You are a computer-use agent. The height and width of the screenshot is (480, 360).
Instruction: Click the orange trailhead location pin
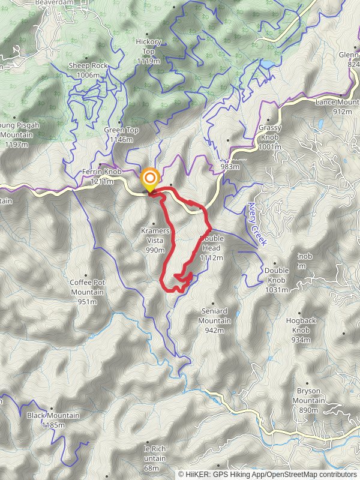[149, 179]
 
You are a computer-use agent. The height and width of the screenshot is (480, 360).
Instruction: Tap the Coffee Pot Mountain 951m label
[88, 292]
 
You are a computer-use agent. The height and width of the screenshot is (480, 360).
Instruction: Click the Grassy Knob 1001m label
[269, 137]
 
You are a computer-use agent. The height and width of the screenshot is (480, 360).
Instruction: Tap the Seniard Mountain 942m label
[214, 320]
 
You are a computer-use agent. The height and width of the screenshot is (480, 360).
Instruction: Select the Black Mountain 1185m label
[46, 420]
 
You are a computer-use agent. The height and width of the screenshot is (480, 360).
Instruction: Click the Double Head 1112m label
[211, 248]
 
